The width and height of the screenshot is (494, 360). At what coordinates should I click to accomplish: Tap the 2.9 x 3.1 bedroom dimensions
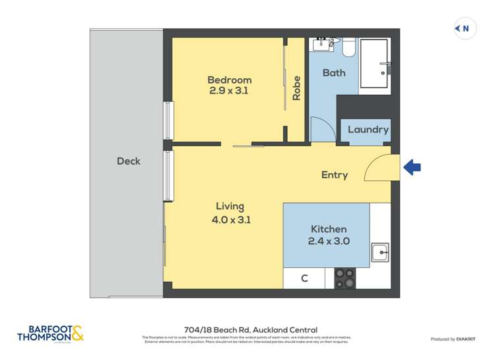[229, 91]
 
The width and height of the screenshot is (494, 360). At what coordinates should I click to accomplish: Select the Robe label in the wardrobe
[296, 90]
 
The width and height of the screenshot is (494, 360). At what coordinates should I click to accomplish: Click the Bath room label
[333, 72]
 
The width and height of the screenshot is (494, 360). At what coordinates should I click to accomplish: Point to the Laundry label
[368, 130]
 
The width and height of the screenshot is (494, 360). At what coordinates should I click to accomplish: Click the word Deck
[128, 161]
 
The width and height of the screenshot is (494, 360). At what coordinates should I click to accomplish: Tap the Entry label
[334, 174]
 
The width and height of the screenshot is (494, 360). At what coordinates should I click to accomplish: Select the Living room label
[230, 207]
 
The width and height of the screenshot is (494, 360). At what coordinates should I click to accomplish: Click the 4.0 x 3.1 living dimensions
[230, 219]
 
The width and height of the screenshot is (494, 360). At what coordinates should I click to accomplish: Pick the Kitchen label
[328, 229]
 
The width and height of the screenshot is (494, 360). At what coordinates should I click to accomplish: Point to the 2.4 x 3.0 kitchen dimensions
[328, 241]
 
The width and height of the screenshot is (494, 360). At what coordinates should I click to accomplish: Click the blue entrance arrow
[412, 167]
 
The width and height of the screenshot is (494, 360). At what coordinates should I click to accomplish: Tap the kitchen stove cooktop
[344, 278]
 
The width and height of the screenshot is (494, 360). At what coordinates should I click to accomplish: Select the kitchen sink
[379, 252]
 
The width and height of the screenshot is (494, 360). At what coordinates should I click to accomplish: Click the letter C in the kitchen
[304, 278]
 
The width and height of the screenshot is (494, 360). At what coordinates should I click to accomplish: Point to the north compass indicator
[465, 28]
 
